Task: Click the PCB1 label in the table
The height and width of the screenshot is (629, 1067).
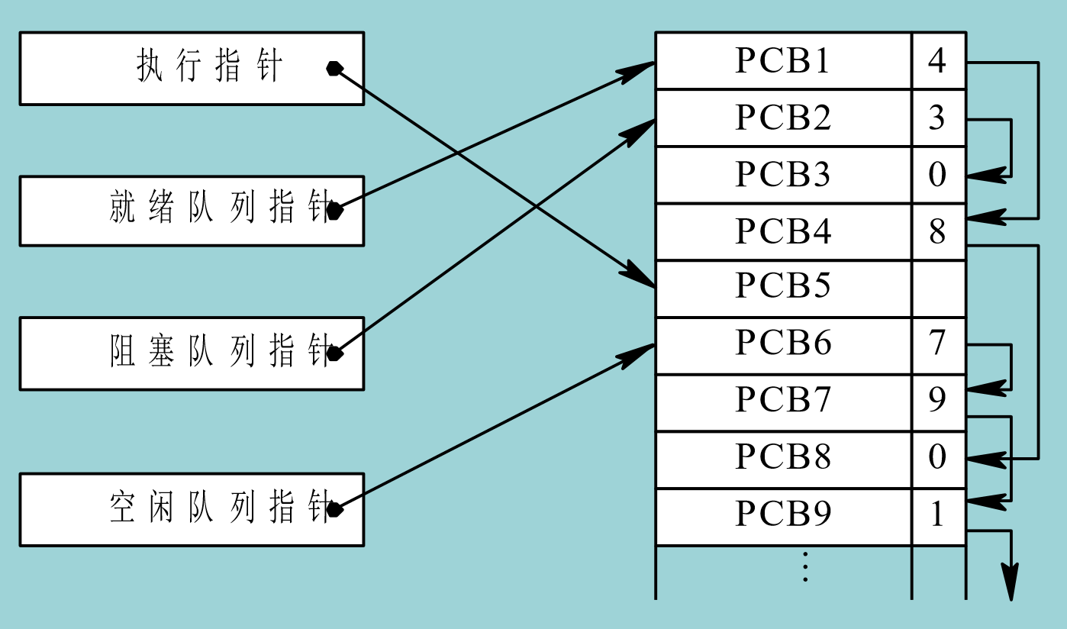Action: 782,61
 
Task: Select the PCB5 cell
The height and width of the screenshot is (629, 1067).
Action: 782,287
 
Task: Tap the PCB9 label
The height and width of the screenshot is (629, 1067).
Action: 782,514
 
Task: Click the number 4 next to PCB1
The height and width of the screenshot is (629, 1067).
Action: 937,60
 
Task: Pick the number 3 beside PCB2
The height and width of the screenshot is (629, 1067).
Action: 937,118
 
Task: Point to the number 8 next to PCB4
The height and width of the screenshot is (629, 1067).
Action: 937,231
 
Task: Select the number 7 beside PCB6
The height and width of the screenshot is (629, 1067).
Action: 937,344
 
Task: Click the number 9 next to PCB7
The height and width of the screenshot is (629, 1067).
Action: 937,400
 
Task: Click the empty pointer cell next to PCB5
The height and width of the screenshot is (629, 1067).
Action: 938,289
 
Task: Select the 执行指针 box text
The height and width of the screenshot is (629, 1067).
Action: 210,67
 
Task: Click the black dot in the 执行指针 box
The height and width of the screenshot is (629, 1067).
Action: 334,69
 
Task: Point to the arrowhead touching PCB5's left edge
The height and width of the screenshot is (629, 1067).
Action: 640,276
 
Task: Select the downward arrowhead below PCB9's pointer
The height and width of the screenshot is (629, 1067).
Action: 1011,583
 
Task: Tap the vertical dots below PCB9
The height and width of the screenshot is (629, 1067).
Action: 804,566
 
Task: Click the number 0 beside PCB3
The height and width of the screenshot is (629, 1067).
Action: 937,175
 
